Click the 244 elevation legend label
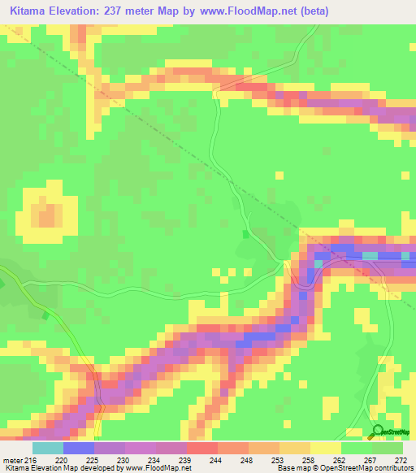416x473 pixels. click(216, 459)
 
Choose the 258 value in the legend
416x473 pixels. click(309, 459)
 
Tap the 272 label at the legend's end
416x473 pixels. click(401, 459)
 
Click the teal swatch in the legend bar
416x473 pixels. click(48, 448)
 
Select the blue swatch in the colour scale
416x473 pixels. click(79, 448)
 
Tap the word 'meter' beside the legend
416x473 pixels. click(14, 459)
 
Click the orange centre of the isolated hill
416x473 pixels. click(47, 215)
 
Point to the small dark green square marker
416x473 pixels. click(245, 234)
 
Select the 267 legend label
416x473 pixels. click(370, 459)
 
